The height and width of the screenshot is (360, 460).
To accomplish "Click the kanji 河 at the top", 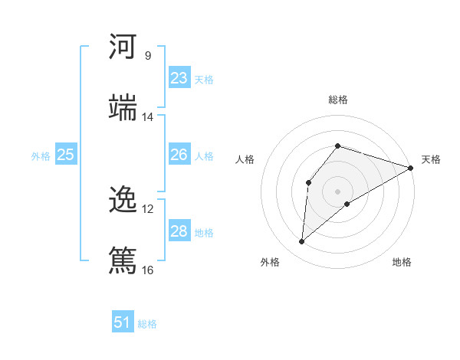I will (123, 47).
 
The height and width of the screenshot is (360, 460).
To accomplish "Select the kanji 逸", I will (123, 200).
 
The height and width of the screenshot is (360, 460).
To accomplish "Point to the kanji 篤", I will (123, 260).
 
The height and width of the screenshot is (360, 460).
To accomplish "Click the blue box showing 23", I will (179, 78).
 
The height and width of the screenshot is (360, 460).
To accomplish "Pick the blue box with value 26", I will (179, 155).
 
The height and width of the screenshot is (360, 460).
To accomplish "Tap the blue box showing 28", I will (179, 231).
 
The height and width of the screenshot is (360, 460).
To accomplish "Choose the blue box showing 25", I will (66, 155).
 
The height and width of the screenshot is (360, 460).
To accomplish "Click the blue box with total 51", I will (123, 322).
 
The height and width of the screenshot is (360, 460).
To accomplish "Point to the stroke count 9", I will (147, 55).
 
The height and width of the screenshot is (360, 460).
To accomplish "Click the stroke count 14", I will (147, 117).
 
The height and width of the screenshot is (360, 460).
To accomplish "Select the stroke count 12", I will (147, 208).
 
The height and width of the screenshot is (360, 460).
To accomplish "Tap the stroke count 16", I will (147, 270).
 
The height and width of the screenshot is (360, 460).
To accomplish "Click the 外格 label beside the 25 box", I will (41, 155).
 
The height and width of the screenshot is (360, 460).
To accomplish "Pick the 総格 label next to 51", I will (147, 324).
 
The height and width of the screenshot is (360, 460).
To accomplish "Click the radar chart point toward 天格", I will (411, 168).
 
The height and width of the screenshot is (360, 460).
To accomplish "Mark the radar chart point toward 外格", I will (302, 242).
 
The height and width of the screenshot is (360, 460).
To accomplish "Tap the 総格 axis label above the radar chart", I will (338, 100).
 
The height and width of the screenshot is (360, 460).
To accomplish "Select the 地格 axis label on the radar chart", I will (402, 262).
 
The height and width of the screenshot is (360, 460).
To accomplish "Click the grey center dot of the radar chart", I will (337, 191).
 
